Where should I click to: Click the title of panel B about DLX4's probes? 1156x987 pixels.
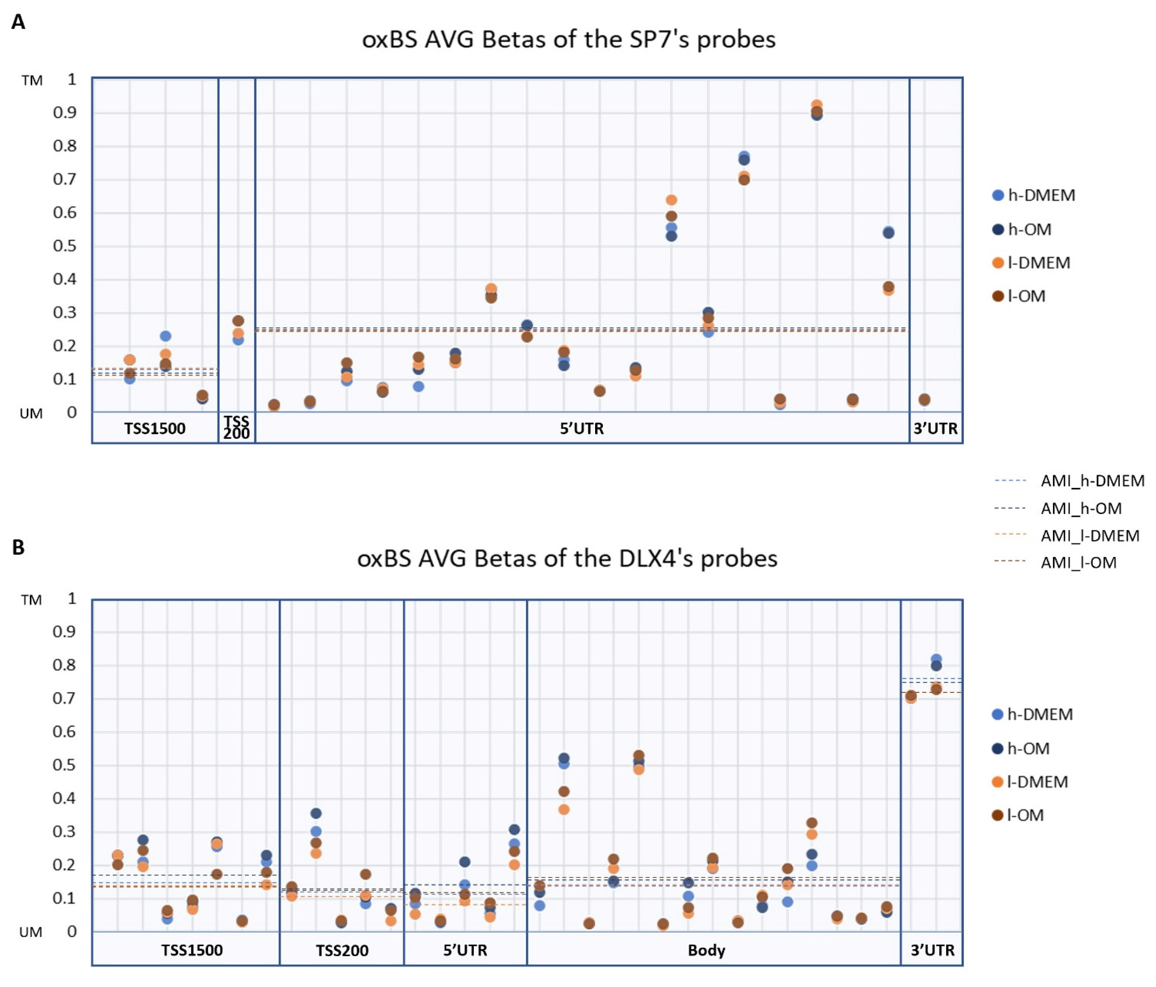567,558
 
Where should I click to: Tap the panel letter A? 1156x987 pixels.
18,22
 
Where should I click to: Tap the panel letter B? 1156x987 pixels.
18,547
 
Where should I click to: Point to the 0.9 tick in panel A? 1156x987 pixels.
65,113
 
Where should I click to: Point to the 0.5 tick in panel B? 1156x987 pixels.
64,765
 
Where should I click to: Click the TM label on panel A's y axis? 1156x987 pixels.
32,81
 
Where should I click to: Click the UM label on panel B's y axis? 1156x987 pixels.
31,932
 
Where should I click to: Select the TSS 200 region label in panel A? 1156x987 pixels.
237,428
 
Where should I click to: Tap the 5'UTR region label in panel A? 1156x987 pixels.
581,429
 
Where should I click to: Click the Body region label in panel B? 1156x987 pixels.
706,950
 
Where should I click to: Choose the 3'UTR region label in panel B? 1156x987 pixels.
932,950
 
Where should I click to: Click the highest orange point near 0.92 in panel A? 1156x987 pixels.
816,105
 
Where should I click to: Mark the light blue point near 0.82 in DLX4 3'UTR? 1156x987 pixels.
936,659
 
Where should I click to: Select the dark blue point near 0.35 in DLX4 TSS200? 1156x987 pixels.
316,813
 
